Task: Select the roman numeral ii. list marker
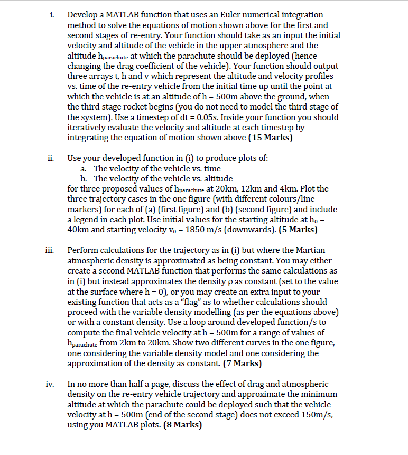click(47, 158)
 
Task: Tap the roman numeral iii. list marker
click(47, 250)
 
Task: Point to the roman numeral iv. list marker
click(47, 384)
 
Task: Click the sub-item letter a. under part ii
click(84, 168)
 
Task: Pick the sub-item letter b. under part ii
click(84, 178)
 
